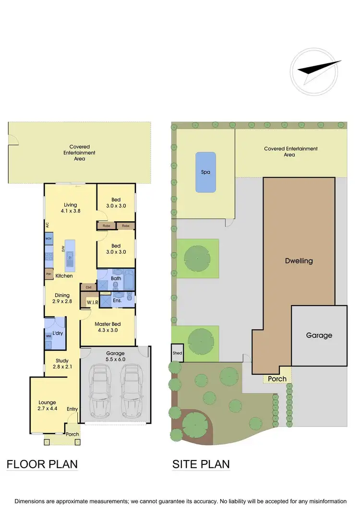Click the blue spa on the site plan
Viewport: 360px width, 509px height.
click(x=205, y=172)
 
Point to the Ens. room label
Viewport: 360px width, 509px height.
click(x=117, y=300)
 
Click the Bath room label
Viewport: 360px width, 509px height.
click(x=116, y=278)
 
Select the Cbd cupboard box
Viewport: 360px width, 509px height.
click(x=88, y=287)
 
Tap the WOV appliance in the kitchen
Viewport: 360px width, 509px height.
click(x=49, y=238)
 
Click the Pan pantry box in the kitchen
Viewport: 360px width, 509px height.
click(x=48, y=274)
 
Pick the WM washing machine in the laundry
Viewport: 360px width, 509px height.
click(x=48, y=336)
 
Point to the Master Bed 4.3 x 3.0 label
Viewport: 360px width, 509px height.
click(x=108, y=327)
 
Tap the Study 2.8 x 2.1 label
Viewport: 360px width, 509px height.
click(x=62, y=364)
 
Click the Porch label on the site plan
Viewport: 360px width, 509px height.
click(x=277, y=379)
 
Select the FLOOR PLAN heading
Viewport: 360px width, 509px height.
click(x=42, y=464)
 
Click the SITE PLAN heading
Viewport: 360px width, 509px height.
click(x=201, y=464)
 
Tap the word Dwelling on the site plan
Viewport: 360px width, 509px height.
click(x=299, y=261)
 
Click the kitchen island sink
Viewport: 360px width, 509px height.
click(x=70, y=256)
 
